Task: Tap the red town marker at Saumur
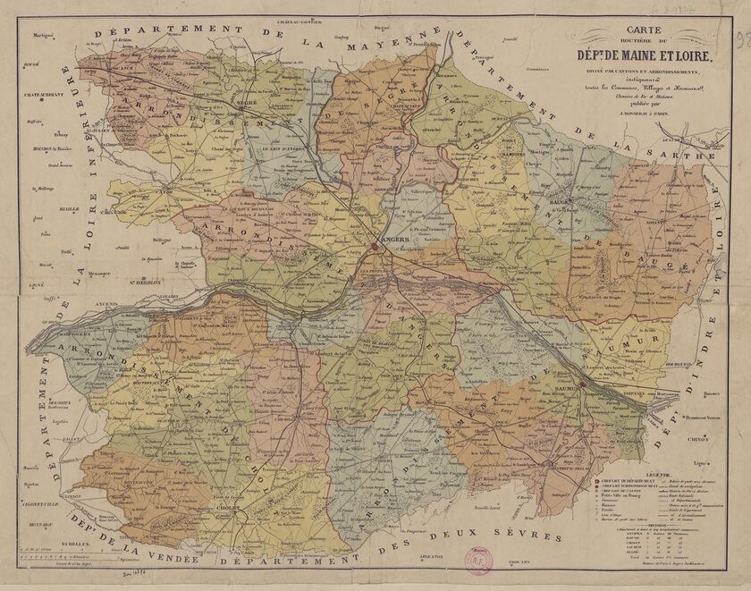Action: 581,385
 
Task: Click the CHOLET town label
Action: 228,506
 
